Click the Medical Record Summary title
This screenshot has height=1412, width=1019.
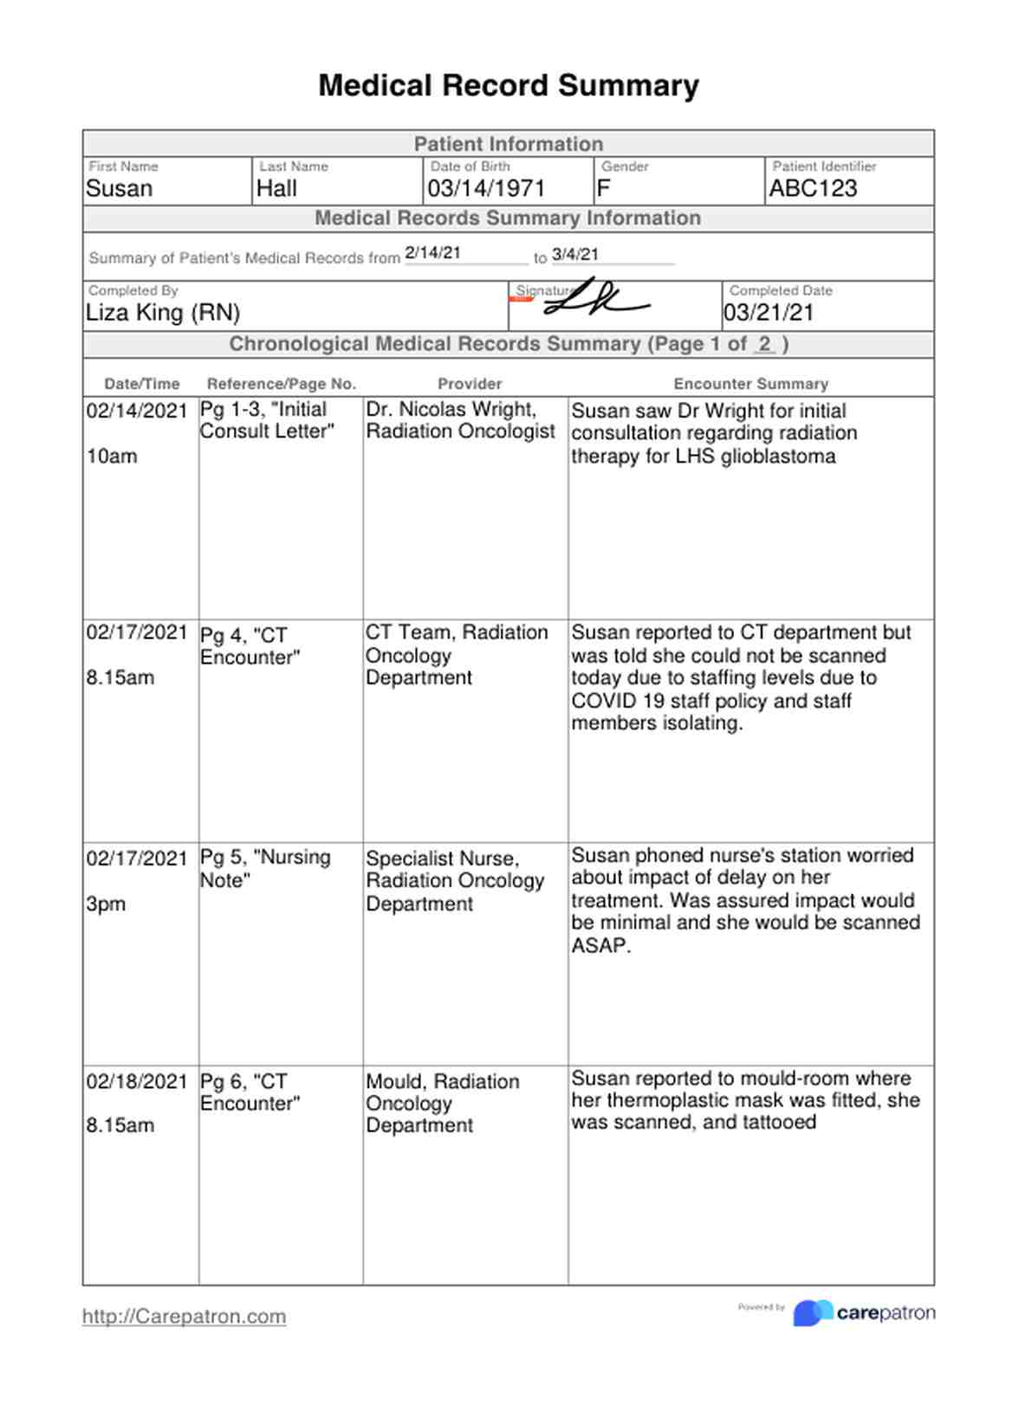509,86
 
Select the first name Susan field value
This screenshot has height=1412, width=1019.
120,189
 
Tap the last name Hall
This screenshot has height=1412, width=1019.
276,189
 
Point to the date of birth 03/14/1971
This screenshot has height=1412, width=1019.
486,189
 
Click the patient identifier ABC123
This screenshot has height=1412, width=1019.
813,189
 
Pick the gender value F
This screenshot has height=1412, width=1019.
604,189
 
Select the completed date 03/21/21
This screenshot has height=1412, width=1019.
769,313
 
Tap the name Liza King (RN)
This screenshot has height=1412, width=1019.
163,313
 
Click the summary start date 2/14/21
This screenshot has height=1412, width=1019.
432,253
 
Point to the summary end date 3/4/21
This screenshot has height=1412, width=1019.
575,254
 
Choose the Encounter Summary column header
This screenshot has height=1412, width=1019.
750,384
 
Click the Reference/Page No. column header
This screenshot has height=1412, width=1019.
281,384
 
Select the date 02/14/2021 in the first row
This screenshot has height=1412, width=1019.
137,411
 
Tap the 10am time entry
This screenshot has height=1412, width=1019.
112,457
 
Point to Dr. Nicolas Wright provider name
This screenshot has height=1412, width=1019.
451,410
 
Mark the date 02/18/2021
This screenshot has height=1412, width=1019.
137,1081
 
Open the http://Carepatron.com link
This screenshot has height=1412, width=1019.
184,1317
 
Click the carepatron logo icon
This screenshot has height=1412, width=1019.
812,1313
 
